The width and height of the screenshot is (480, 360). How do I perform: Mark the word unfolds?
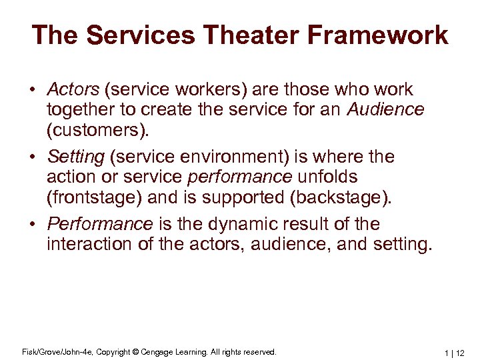pos(327,177)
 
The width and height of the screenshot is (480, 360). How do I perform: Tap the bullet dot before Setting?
pos(33,158)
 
